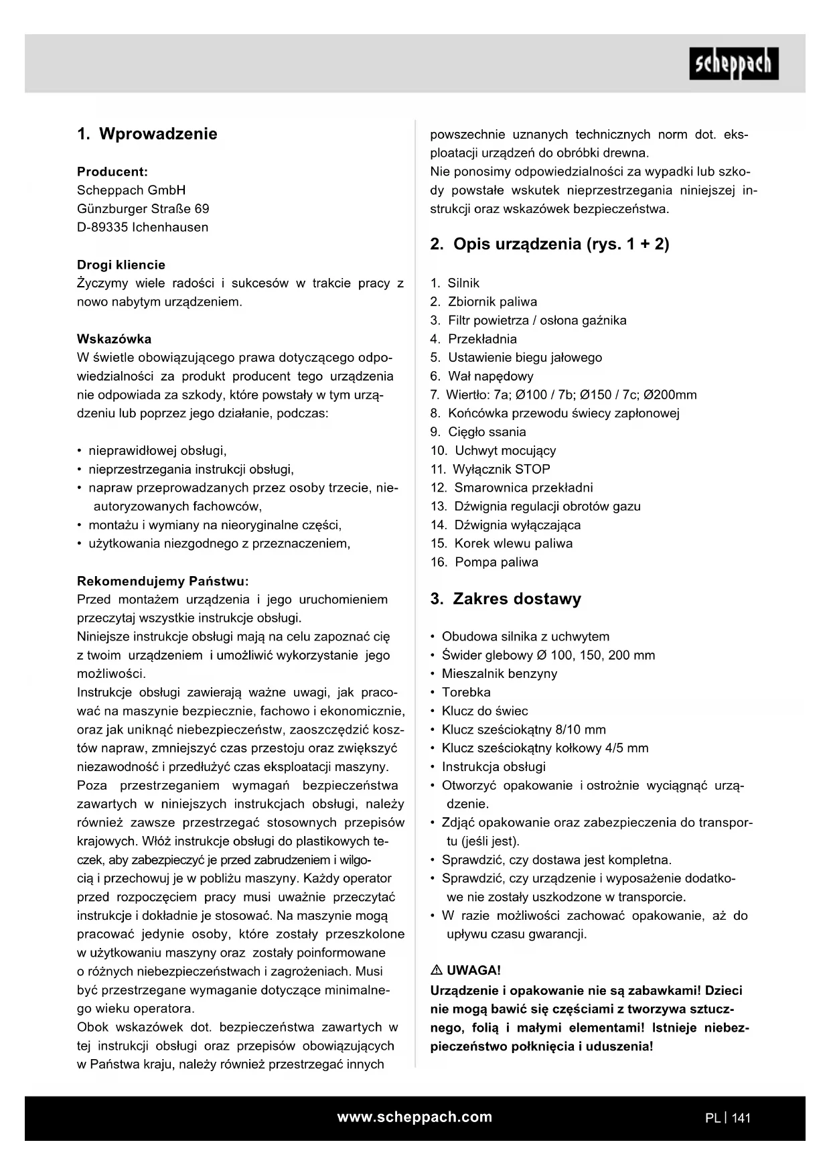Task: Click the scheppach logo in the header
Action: pyautogui.click(x=733, y=64)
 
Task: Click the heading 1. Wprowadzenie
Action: pyautogui.click(x=147, y=134)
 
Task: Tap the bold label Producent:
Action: pyautogui.click(x=112, y=171)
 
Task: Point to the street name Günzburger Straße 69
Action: pyautogui.click(x=143, y=208)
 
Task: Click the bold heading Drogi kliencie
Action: pyautogui.click(x=121, y=265)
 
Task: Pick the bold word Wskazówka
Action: pyautogui.click(x=114, y=339)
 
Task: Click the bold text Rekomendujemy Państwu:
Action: pyautogui.click(x=163, y=581)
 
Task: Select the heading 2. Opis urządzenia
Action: pyautogui.click(x=549, y=244)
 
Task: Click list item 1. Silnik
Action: pyautogui.click(x=455, y=283)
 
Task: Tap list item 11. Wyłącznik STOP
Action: pyautogui.click(x=491, y=470)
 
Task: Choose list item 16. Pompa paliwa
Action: pyautogui.click(x=485, y=563)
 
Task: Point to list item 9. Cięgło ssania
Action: pyautogui.click(x=479, y=432)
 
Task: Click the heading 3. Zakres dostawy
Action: pyautogui.click(x=506, y=599)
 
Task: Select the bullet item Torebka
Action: pyautogui.click(x=466, y=693)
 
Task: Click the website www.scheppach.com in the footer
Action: pyautogui.click(x=414, y=1117)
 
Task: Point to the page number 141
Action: pyautogui.click(x=741, y=1118)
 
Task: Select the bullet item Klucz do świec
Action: pyautogui.click(x=484, y=711)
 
